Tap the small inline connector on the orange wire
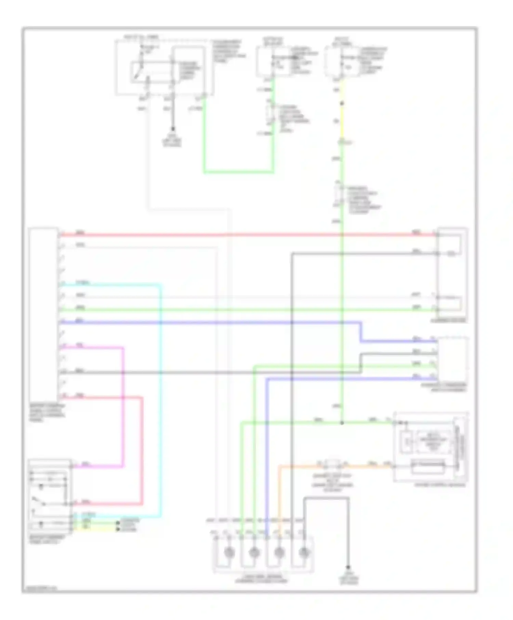tap(332, 465)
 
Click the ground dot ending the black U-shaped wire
tap(348, 567)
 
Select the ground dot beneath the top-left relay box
tap(173, 129)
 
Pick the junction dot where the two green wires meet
tap(342, 423)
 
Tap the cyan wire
tap(160, 394)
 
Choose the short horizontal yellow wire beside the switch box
tap(96, 529)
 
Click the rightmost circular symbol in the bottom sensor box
tap(304, 552)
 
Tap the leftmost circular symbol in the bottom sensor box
tap(229, 552)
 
